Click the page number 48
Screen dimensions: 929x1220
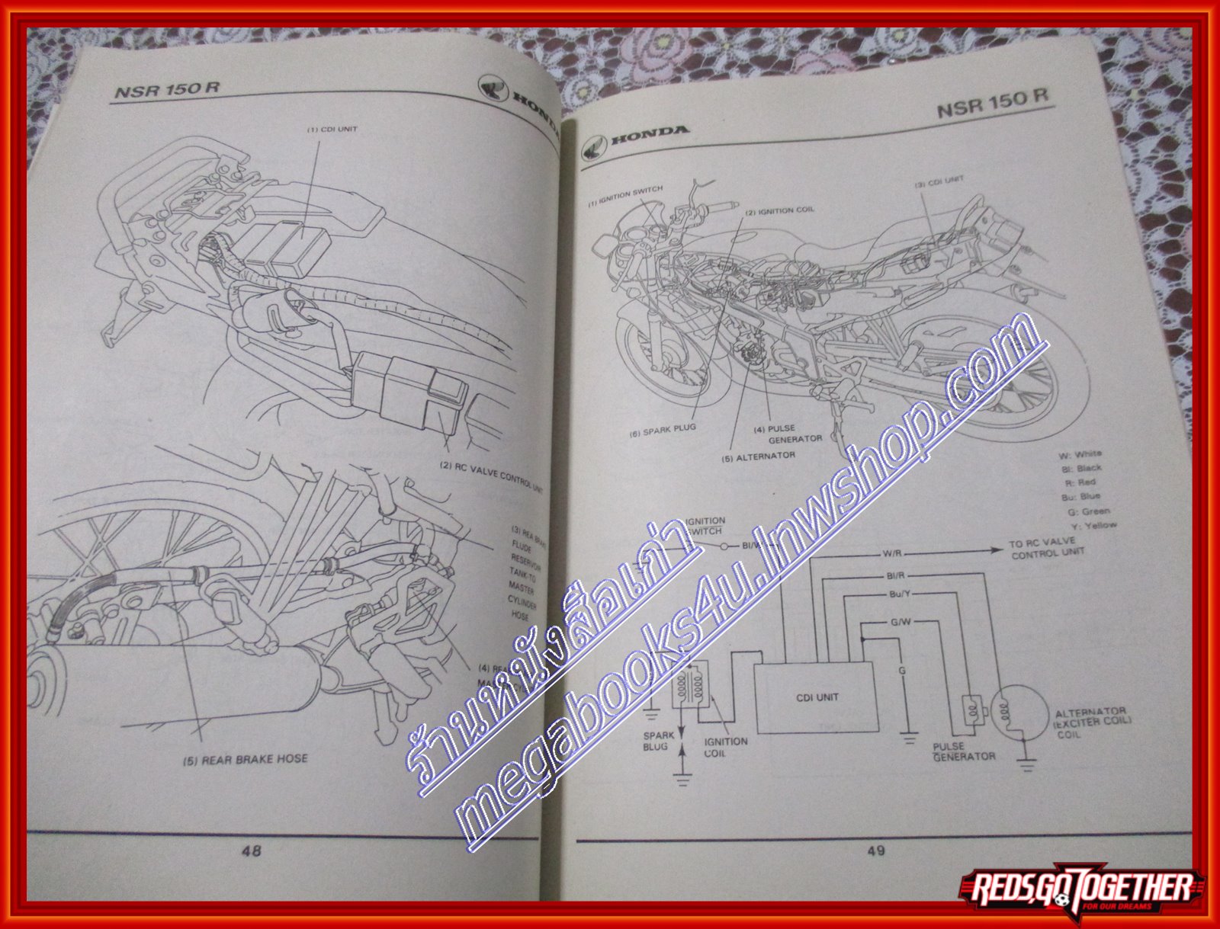pyautogui.click(x=251, y=851)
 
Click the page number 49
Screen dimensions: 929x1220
pyautogui.click(x=875, y=850)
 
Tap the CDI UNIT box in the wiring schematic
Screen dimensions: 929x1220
pyautogui.click(x=817, y=697)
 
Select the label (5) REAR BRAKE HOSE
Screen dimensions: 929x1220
pyautogui.click(x=245, y=759)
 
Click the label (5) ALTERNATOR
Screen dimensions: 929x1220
pyautogui.click(x=759, y=456)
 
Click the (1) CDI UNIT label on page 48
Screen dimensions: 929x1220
pyautogui.click(x=332, y=130)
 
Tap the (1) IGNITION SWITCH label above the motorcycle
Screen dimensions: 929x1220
pyautogui.click(x=625, y=196)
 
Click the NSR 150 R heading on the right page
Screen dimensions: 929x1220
pyautogui.click(x=992, y=103)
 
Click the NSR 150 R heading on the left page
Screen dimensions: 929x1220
pyautogui.click(x=167, y=89)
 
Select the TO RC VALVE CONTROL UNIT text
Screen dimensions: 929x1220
pyautogui.click(x=1047, y=549)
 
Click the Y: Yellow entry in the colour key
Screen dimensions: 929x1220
pyautogui.click(x=1093, y=525)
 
